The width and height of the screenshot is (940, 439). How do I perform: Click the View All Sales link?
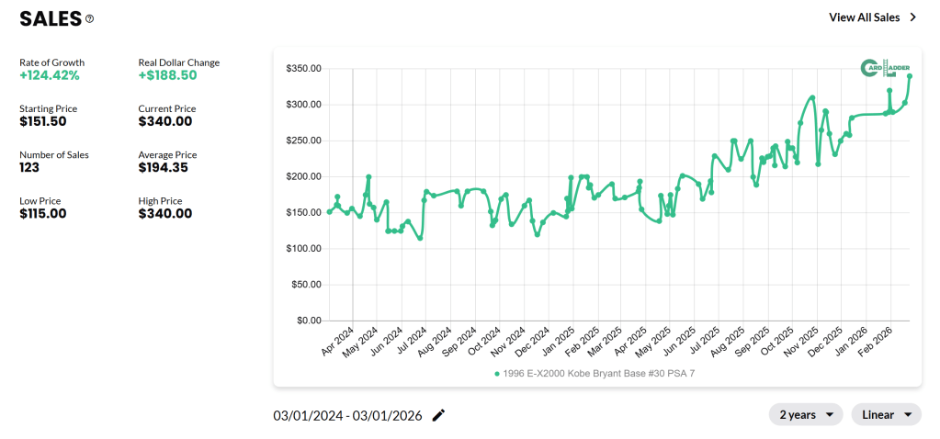coord(872,17)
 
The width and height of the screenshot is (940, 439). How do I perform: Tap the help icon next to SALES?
coord(89,18)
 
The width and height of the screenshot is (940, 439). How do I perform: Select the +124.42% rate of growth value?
coord(50,75)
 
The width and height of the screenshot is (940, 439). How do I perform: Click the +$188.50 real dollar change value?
coord(168,75)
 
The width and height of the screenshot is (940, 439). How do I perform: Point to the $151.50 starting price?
coord(42,121)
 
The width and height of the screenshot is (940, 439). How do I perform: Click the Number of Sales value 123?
coord(30,167)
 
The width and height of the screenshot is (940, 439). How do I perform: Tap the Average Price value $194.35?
coord(165,167)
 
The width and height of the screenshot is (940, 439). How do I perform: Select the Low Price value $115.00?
coord(42,213)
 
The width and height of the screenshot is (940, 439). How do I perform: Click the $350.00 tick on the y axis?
coord(302,69)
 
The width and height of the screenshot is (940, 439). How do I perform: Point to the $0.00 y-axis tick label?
coord(308,321)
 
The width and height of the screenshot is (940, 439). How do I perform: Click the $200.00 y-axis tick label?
coord(302,176)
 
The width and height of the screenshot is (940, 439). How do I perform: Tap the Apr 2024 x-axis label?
coord(339,343)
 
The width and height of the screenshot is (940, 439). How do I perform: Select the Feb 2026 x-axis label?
coord(876,343)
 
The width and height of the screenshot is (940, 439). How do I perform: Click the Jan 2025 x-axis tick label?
coord(560,343)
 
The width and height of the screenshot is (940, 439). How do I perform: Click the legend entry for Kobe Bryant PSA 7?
coord(598,374)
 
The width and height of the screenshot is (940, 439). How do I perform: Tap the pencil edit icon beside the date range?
coord(439,415)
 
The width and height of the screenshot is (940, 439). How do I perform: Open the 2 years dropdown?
coord(806,415)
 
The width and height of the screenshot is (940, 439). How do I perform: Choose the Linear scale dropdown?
coord(886,415)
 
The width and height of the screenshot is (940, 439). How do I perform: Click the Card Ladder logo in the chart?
coord(884,69)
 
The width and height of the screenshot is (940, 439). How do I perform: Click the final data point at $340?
coord(910,76)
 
